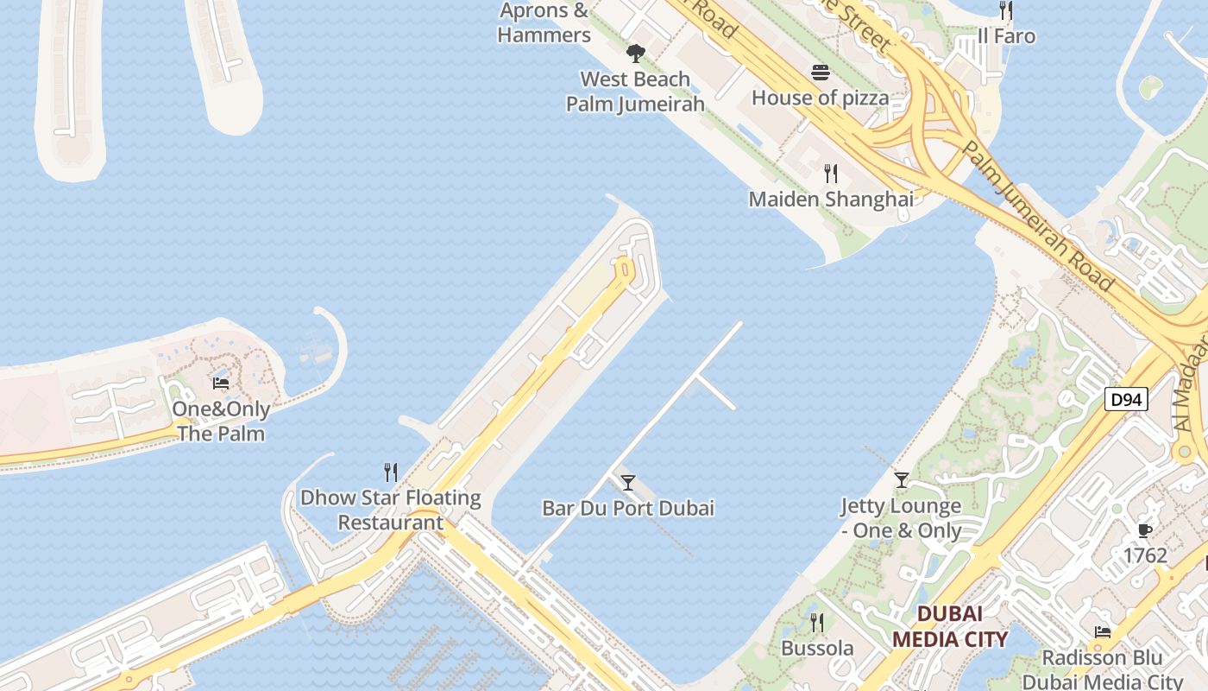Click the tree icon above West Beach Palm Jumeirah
click(636, 54)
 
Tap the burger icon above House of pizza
click(820, 73)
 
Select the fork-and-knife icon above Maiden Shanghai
click(830, 174)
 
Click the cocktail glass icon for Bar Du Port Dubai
click(628, 482)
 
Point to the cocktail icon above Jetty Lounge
click(902, 480)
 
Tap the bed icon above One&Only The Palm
click(221, 384)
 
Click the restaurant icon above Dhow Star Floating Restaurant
click(391, 472)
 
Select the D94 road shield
click(1126, 399)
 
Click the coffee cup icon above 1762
click(1145, 530)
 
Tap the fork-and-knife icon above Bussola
click(816, 622)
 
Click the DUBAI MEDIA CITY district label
click(949, 626)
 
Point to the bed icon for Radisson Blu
click(1102, 632)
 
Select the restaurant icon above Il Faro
click(1005, 10)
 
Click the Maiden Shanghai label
click(830, 200)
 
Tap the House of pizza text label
click(820, 98)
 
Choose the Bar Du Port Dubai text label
click(628, 508)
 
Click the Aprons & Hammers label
click(544, 23)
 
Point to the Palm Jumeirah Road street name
click(1035, 216)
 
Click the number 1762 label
click(1145, 555)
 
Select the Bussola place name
click(817, 648)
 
